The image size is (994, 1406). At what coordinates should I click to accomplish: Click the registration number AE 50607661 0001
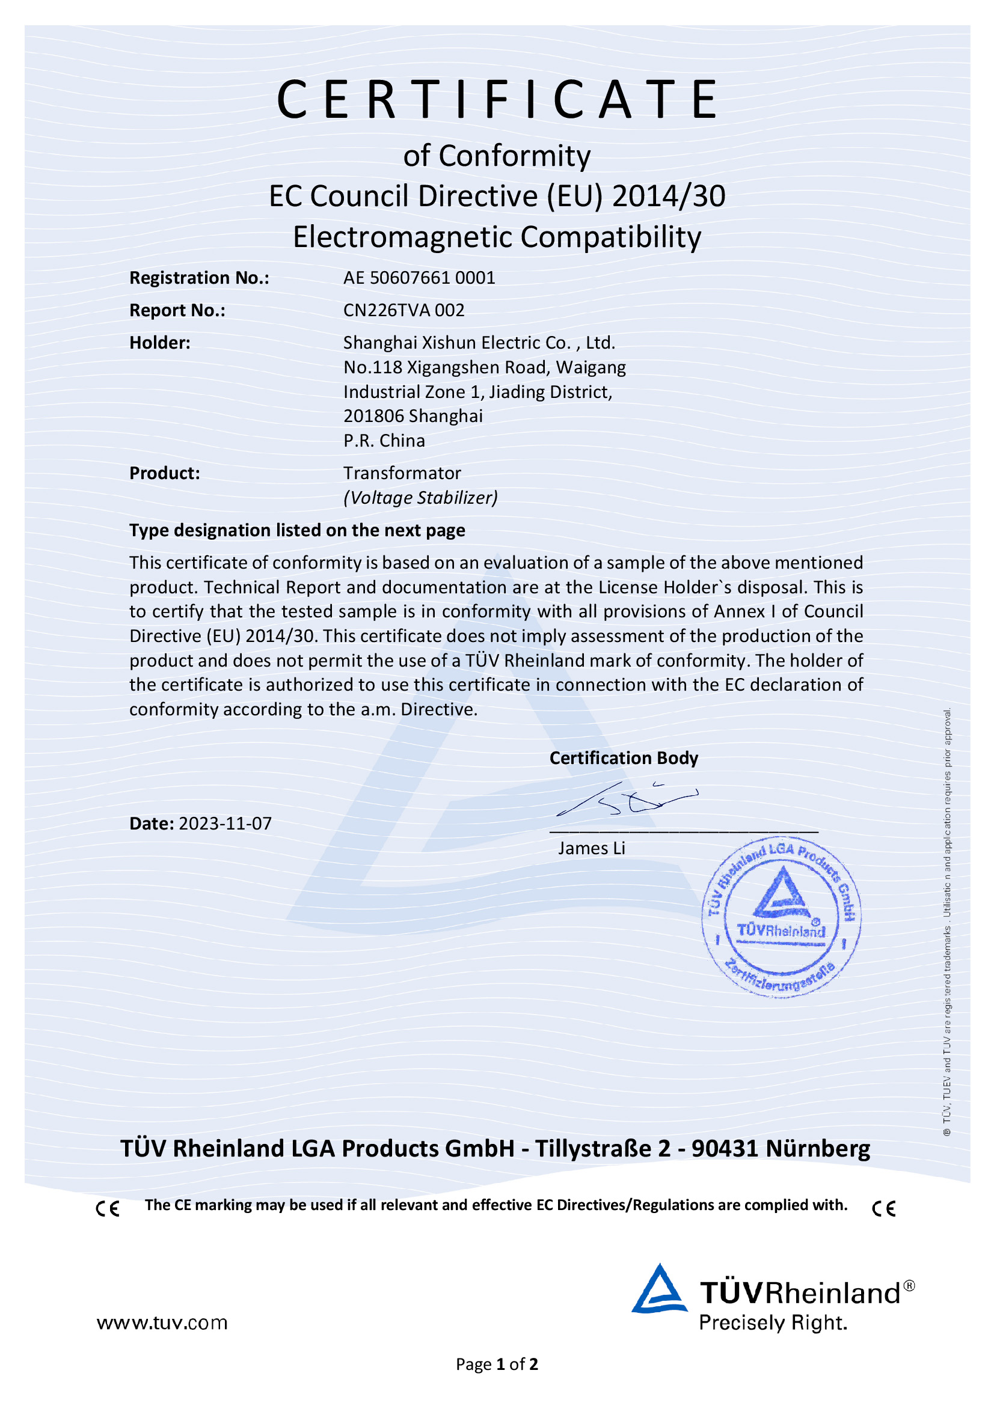[x=419, y=278]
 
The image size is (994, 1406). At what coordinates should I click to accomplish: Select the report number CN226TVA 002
[x=403, y=310]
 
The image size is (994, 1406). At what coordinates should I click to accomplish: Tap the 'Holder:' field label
[x=160, y=343]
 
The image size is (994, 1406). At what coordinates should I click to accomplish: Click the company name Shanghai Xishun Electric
[x=441, y=343]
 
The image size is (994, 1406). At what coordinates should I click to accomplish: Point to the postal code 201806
[x=373, y=417]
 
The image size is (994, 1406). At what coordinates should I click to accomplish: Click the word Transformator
[x=402, y=473]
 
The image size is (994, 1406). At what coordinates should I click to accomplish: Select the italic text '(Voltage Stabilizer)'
[x=420, y=498]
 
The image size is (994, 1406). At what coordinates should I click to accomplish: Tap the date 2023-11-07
[x=225, y=824]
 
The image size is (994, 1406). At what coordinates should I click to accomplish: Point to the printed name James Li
[x=591, y=848]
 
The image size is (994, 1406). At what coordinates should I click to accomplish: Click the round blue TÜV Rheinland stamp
[x=781, y=917]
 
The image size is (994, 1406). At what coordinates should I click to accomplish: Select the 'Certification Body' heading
[x=624, y=758]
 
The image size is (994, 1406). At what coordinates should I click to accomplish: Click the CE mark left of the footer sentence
[x=108, y=1209]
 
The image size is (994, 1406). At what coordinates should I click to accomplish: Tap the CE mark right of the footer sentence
[x=884, y=1209]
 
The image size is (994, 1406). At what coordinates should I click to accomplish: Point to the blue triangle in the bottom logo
[x=659, y=1291]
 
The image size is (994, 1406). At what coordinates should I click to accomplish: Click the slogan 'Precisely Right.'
[x=773, y=1322]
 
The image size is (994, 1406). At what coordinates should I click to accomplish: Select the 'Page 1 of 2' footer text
[x=497, y=1365]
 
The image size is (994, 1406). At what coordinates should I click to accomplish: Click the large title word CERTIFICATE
[x=497, y=99]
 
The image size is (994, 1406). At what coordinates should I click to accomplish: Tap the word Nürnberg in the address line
[x=818, y=1148]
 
